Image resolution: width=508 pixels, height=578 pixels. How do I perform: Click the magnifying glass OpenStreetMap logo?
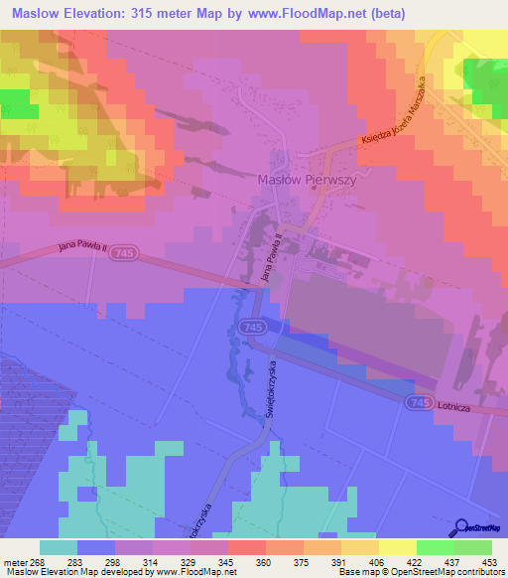click(x=462, y=528)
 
